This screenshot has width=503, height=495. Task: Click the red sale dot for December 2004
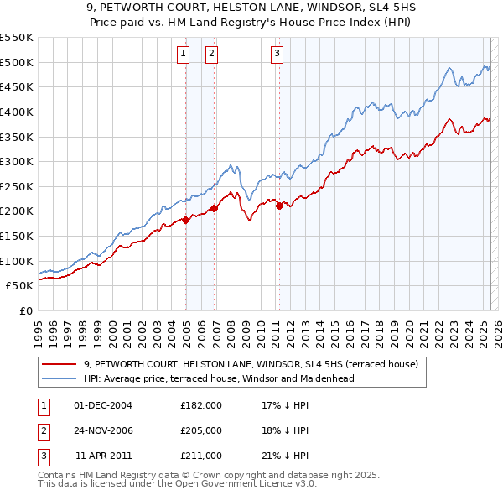tap(185, 221)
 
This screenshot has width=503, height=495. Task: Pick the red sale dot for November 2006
tap(215, 208)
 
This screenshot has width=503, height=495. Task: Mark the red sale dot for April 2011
tap(279, 206)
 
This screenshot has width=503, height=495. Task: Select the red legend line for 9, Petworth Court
tap(60, 364)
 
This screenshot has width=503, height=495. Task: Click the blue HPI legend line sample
tap(60, 378)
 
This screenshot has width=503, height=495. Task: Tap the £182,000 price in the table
tap(201, 405)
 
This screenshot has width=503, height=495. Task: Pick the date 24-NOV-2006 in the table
tap(103, 430)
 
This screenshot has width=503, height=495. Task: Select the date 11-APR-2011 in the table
tap(104, 456)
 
